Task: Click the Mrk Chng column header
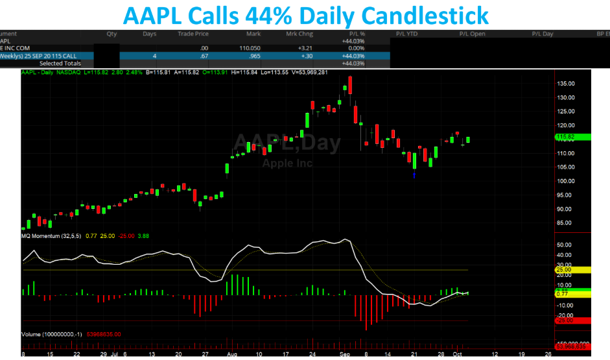click(x=300, y=33)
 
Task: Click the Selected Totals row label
click(x=60, y=64)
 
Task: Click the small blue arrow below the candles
click(x=414, y=174)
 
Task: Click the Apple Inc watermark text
click(x=287, y=163)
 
